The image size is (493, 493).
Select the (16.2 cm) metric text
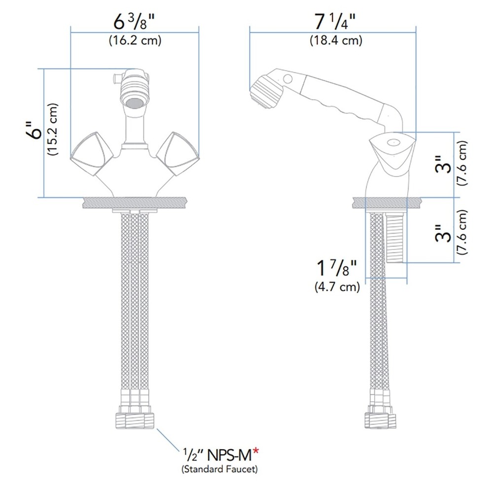[135, 41]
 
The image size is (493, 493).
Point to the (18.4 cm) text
[336, 41]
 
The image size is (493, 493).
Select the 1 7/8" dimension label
[336, 270]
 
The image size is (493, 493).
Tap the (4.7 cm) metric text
[337, 287]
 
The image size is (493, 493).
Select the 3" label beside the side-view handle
[446, 165]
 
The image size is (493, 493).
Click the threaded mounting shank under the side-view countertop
[396, 237]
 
